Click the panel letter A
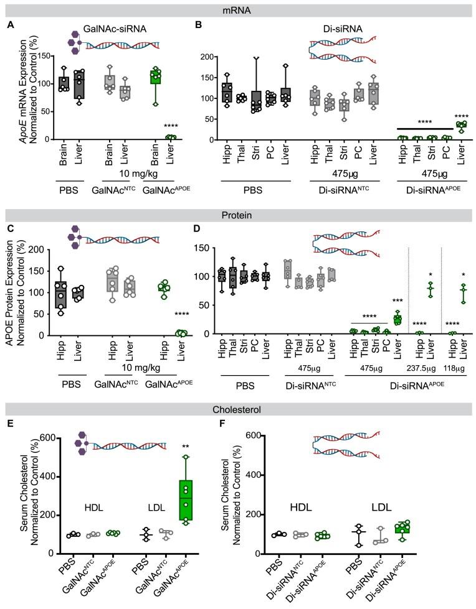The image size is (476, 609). coord(11,26)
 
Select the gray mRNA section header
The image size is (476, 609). coord(238,9)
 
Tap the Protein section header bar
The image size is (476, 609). coord(238,199)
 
